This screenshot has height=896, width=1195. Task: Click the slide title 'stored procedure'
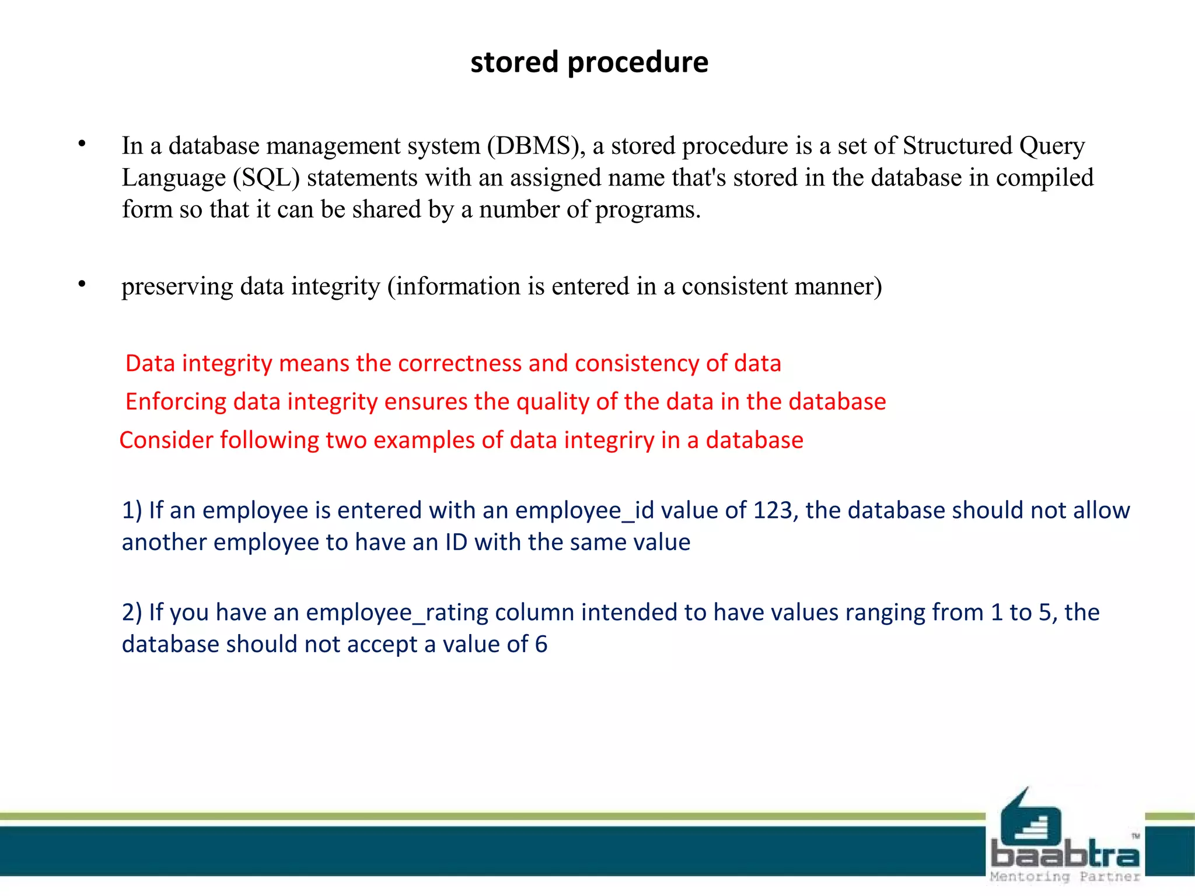click(589, 62)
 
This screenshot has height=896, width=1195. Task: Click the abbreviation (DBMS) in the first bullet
click(537, 146)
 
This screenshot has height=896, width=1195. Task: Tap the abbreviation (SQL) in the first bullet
click(266, 178)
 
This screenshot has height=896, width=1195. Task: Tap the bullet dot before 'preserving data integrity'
click(82, 284)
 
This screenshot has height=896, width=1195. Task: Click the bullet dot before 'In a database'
click(82, 143)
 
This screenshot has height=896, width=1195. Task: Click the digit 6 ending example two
click(541, 645)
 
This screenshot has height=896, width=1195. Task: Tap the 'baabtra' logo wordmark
click(1065, 855)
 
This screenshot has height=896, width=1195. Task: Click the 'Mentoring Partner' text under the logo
click(1065, 876)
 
